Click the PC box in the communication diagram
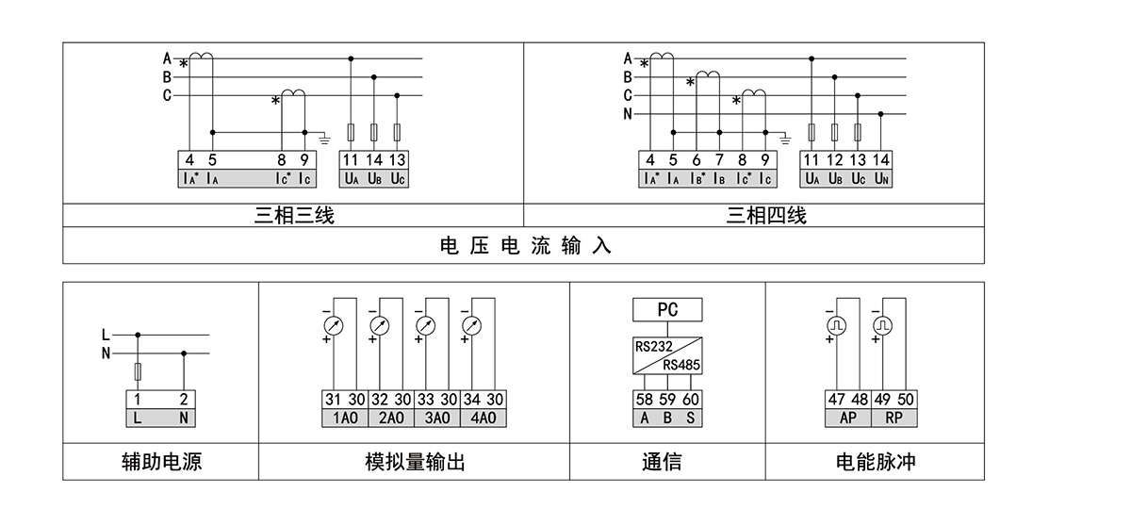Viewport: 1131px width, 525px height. (667, 310)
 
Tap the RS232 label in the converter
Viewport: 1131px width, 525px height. (653, 346)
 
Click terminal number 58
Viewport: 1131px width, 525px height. (645, 400)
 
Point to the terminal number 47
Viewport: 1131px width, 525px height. (837, 400)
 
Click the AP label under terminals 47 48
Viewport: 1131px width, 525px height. (847, 418)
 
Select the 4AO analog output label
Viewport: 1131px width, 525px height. (483, 418)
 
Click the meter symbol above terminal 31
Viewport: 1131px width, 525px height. (333, 325)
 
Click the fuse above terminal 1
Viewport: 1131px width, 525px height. (139, 370)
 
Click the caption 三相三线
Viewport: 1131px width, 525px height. (294, 216)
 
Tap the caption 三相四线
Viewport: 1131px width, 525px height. (765, 216)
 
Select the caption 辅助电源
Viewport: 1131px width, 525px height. (161, 462)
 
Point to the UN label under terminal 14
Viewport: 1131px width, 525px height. (880, 178)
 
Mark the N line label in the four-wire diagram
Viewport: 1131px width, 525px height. (628, 114)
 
